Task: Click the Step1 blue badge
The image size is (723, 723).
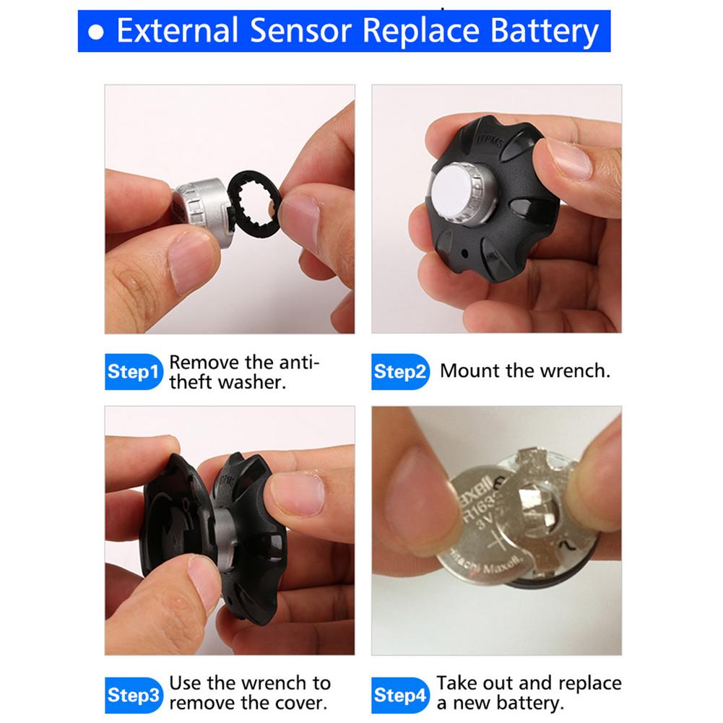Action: tap(134, 372)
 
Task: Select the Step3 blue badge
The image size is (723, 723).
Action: tap(134, 695)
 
